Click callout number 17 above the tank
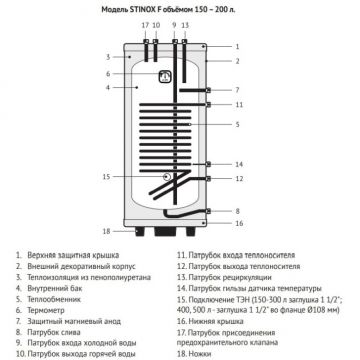[144, 24]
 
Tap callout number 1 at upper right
[237, 46]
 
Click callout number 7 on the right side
[237, 87]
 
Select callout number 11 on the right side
[237, 104]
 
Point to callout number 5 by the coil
[237, 124]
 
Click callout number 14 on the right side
[237, 163]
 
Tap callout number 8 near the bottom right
[237, 212]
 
